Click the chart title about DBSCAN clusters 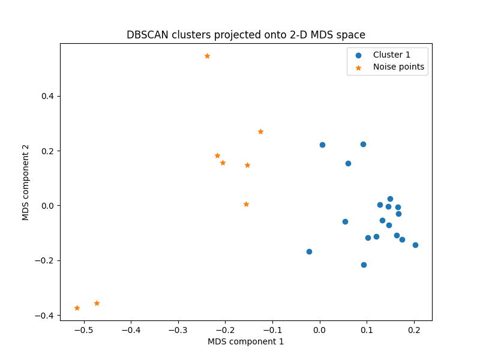(246, 35)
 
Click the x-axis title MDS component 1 (246, 341)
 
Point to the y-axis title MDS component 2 (26, 182)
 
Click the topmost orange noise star (207, 56)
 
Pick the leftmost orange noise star (77, 308)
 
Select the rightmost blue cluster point (415, 245)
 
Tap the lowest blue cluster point (364, 265)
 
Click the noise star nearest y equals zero (246, 204)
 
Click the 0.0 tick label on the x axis (320, 329)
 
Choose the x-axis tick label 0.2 (414, 329)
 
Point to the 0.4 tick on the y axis (47, 96)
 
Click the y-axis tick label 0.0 (47, 206)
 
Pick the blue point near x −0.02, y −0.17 (309, 251)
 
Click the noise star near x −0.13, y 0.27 (260, 131)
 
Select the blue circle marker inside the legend (359, 55)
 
